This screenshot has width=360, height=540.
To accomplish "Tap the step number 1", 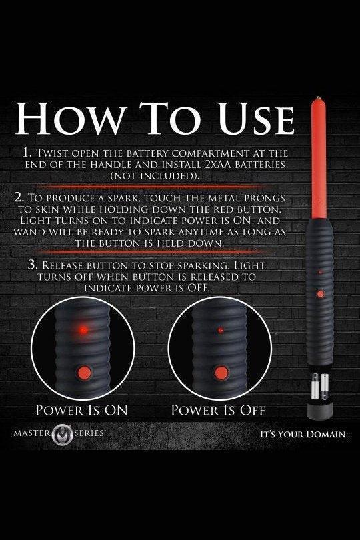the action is pos(27,152).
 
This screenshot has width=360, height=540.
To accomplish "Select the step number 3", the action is pos(33,265).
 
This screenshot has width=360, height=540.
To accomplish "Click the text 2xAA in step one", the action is pos(218,164).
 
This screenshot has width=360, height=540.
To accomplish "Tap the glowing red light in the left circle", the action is pos(84,330).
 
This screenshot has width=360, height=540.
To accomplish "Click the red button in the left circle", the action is pos(83,372).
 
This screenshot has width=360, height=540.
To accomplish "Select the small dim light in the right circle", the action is pos(221,330).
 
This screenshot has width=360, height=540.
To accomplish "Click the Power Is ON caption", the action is pos(81,411).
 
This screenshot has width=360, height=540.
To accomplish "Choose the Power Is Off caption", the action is pos(218,411).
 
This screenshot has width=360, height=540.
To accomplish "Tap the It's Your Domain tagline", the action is pos(305,434).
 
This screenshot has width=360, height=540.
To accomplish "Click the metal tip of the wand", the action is pos(319,98).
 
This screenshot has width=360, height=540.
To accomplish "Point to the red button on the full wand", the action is pos(321,294).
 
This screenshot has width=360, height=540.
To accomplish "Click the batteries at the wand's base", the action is pos(320,387).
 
